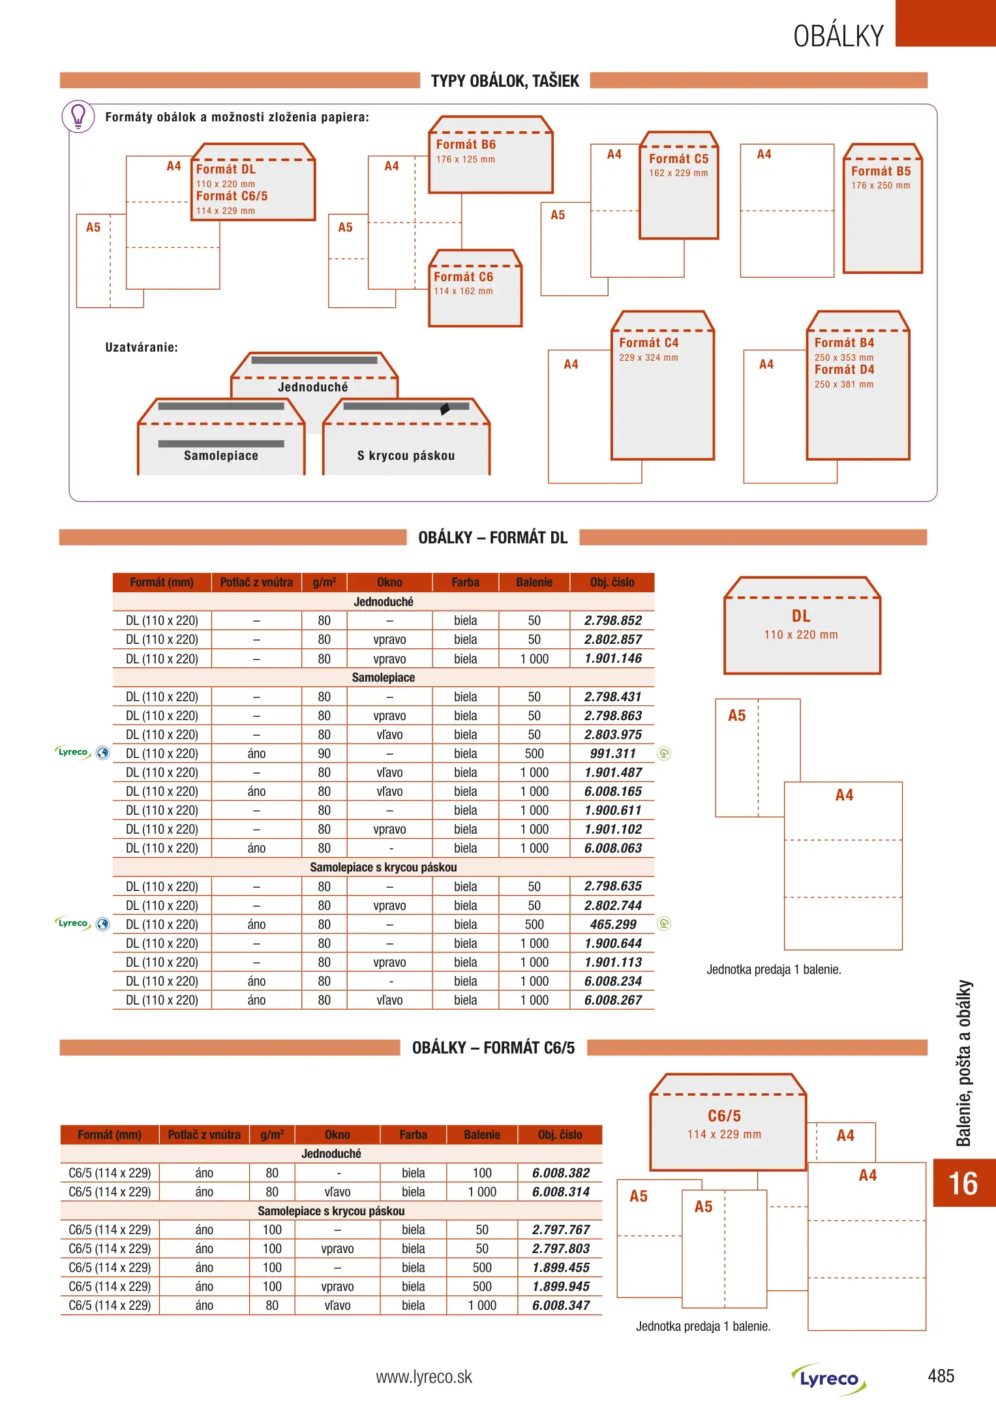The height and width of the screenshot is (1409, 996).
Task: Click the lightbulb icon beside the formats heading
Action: coord(78,116)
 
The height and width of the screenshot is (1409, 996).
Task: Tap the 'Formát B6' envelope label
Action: coord(466,145)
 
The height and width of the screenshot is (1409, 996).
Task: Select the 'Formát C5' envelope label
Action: coord(678,159)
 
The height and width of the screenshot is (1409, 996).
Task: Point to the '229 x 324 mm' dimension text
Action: coord(648,357)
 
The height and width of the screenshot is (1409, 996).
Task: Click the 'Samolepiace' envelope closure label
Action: coord(221,455)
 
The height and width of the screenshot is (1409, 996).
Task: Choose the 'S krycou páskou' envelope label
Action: coord(406,455)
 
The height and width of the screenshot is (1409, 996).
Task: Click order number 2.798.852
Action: coord(612,620)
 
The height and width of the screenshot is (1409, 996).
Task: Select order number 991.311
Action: coord(612,753)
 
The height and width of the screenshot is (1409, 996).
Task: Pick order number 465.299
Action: coord(612,924)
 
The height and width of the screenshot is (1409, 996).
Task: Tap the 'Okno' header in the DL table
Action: coord(389,583)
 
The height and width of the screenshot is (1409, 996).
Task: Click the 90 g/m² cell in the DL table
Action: coord(324,753)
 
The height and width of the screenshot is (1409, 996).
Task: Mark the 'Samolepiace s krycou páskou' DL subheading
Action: coord(383,868)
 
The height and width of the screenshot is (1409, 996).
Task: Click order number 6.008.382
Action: coord(560,1173)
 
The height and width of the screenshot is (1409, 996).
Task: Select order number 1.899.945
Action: coord(560,1286)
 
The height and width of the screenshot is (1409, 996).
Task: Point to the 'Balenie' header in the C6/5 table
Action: coord(482,1135)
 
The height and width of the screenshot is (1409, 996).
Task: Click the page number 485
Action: coord(941,1376)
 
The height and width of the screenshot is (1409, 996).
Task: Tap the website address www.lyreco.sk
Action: coord(424,1377)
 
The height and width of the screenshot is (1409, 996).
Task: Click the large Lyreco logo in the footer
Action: coord(829,1379)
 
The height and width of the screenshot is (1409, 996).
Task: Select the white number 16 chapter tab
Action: coord(963,1183)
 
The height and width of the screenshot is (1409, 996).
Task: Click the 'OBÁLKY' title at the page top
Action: coord(838,36)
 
